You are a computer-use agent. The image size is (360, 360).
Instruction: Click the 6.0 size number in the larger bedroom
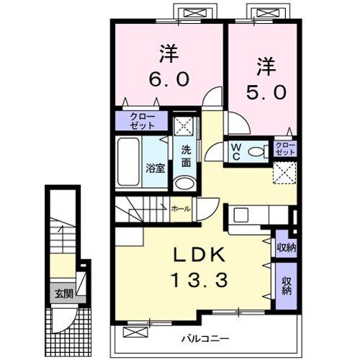[169, 78]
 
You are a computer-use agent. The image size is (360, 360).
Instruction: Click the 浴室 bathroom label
[156, 168]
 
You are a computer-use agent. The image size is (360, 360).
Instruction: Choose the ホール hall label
[181, 209]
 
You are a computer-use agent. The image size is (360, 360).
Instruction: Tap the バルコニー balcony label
[194, 337]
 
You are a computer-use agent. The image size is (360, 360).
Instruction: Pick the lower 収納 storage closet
[287, 286]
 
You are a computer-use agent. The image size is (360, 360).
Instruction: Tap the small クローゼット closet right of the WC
[285, 150]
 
